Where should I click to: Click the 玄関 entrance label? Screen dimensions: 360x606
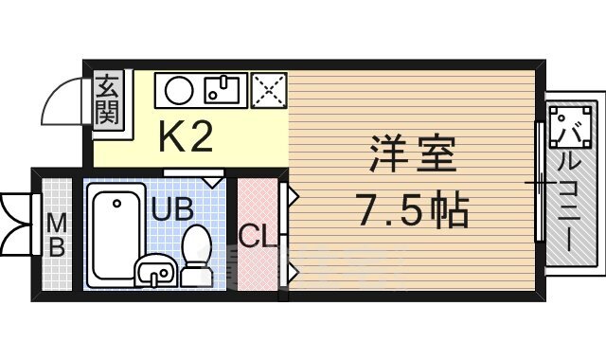(x=106, y=99)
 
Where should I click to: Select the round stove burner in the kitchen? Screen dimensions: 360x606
(x=179, y=91)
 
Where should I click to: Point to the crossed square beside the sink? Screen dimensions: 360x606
(x=267, y=91)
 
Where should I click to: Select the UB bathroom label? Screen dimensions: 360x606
(x=173, y=207)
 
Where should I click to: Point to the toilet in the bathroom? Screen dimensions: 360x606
(x=196, y=254)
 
